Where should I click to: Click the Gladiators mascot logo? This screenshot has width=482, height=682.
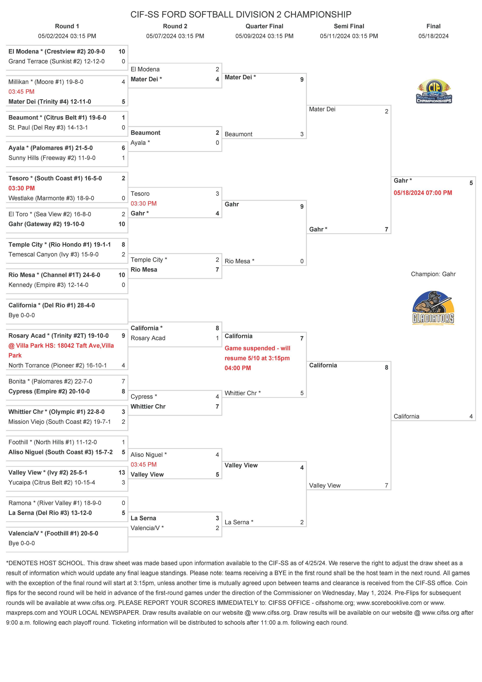(433, 308)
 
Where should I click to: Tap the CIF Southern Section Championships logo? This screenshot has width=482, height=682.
(434, 91)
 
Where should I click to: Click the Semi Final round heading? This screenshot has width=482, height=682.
(349, 26)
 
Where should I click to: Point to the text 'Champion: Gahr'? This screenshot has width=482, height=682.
(433, 274)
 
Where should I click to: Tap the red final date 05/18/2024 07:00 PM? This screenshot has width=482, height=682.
(423, 193)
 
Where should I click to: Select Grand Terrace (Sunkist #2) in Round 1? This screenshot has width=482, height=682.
(57, 62)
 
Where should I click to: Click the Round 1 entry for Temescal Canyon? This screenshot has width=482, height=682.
(53, 255)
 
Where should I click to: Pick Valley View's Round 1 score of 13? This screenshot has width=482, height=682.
(121, 473)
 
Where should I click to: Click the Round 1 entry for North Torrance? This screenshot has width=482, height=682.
(58, 365)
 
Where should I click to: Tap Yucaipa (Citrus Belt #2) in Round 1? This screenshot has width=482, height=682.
(52, 482)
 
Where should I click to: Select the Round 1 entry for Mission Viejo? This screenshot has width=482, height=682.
(59, 422)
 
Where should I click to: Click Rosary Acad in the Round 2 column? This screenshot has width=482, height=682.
(148, 338)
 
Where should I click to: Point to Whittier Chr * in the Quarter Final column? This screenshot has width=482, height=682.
(242, 393)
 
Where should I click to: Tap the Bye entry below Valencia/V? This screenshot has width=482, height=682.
(21, 543)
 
